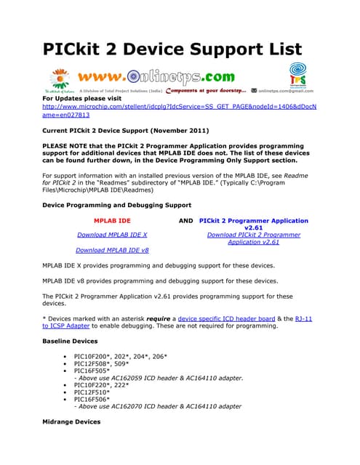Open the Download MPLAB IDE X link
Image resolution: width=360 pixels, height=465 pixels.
(x=112, y=235)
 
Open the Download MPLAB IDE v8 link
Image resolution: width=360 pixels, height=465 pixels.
(x=112, y=250)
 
